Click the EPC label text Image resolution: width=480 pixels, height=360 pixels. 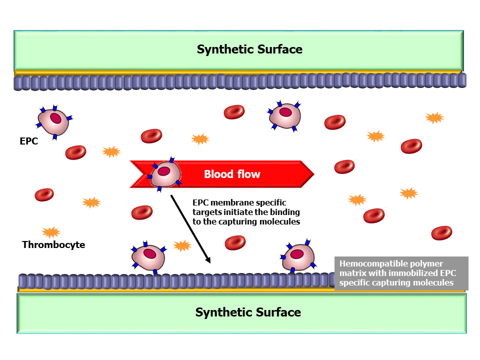coord(28,141)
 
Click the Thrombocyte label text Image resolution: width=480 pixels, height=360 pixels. coord(53,244)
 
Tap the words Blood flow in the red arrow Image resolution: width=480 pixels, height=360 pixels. coord(232,174)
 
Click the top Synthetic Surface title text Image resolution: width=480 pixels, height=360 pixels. coord(249,49)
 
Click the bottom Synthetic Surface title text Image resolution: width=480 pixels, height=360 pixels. coord(248,312)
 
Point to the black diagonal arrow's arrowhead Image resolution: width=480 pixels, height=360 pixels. coord(208,260)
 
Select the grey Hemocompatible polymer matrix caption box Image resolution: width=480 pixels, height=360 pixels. coord(401,273)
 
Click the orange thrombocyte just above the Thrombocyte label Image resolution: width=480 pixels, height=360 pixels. coord(51,232)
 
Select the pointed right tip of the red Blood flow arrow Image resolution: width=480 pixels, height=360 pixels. coord(312,174)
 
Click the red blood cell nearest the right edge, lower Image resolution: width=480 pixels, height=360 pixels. coord(441,232)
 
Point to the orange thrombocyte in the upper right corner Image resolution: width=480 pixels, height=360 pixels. coord(434,117)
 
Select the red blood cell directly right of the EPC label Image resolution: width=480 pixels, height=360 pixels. coord(75,152)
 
